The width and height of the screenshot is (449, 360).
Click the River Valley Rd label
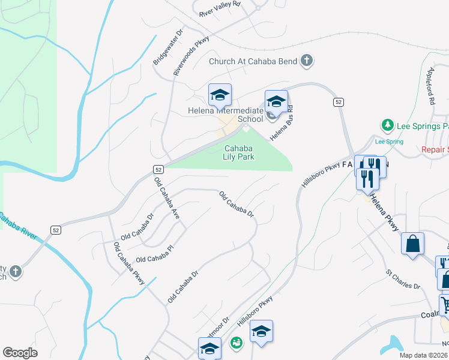point(219,8)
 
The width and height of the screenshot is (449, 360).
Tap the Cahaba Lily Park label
point(240,152)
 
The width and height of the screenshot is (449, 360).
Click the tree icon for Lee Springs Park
point(388,125)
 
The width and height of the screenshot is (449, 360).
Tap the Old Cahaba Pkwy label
point(130,263)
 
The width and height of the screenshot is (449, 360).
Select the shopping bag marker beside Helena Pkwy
point(412,244)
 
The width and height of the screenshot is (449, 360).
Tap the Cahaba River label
point(17,226)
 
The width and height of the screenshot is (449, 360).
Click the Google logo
point(20,353)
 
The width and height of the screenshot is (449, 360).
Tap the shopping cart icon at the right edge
point(445,304)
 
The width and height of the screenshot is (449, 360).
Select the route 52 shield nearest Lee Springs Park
point(339,103)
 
